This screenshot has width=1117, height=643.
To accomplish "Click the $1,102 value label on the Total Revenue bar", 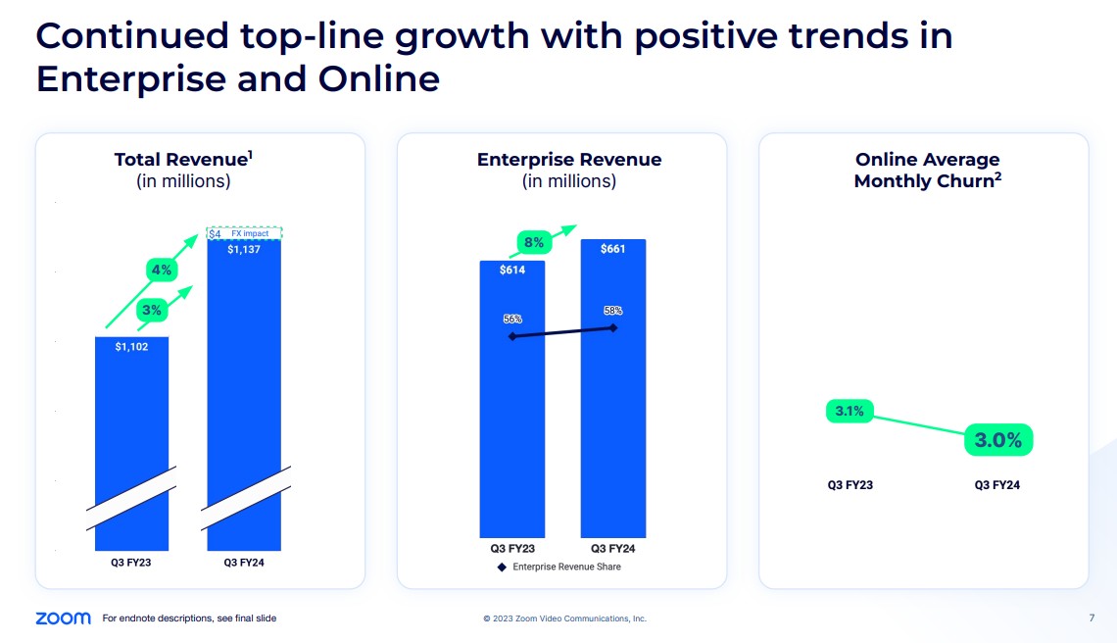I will point(131,347).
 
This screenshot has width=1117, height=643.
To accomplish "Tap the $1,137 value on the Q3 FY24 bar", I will point(244,249).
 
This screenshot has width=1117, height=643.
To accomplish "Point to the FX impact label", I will point(250,233).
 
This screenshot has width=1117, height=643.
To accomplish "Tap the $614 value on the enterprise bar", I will point(512,271).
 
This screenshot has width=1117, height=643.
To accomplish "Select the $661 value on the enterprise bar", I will point(612,249).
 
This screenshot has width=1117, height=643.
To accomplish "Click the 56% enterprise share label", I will point(512,319).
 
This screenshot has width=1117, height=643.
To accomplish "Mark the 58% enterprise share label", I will point(612,310).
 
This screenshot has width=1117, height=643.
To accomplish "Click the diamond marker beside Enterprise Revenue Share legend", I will point(502,567).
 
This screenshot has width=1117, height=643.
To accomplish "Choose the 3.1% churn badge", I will point(850,412).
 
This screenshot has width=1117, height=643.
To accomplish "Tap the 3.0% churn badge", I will point(997,441).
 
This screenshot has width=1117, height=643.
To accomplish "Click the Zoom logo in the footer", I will point(63,618).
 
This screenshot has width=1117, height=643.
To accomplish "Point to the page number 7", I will point(1092,618).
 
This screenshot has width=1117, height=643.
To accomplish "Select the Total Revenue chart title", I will point(185,160).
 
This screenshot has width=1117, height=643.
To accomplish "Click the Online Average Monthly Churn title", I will point(927,170).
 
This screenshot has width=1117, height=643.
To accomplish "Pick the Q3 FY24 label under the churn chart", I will point(997,485).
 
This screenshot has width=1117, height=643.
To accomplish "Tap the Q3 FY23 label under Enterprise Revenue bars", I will point(512,549).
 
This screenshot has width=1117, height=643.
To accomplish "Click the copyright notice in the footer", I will point(564,618).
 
